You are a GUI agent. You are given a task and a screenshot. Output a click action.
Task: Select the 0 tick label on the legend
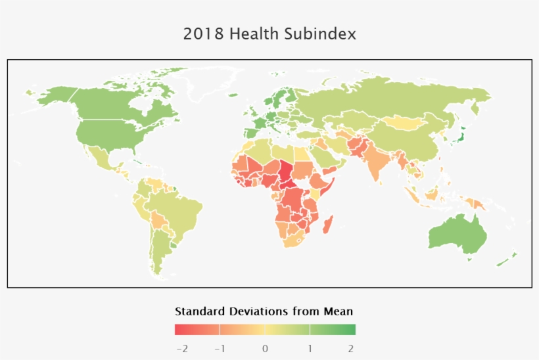pyautogui.click(x=265, y=348)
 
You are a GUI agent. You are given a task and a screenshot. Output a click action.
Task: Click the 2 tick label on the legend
pyautogui.click(x=351, y=348)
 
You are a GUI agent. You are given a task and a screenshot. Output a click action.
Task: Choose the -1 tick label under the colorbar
pyautogui.click(x=220, y=348)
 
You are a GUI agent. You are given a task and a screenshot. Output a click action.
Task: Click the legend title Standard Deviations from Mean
pyautogui.click(x=264, y=311)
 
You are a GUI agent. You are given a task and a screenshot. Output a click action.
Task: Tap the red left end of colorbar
pyautogui.click(x=179, y=329)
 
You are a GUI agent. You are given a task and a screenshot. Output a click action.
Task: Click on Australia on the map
pyautogui.click(x=457, y=233)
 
